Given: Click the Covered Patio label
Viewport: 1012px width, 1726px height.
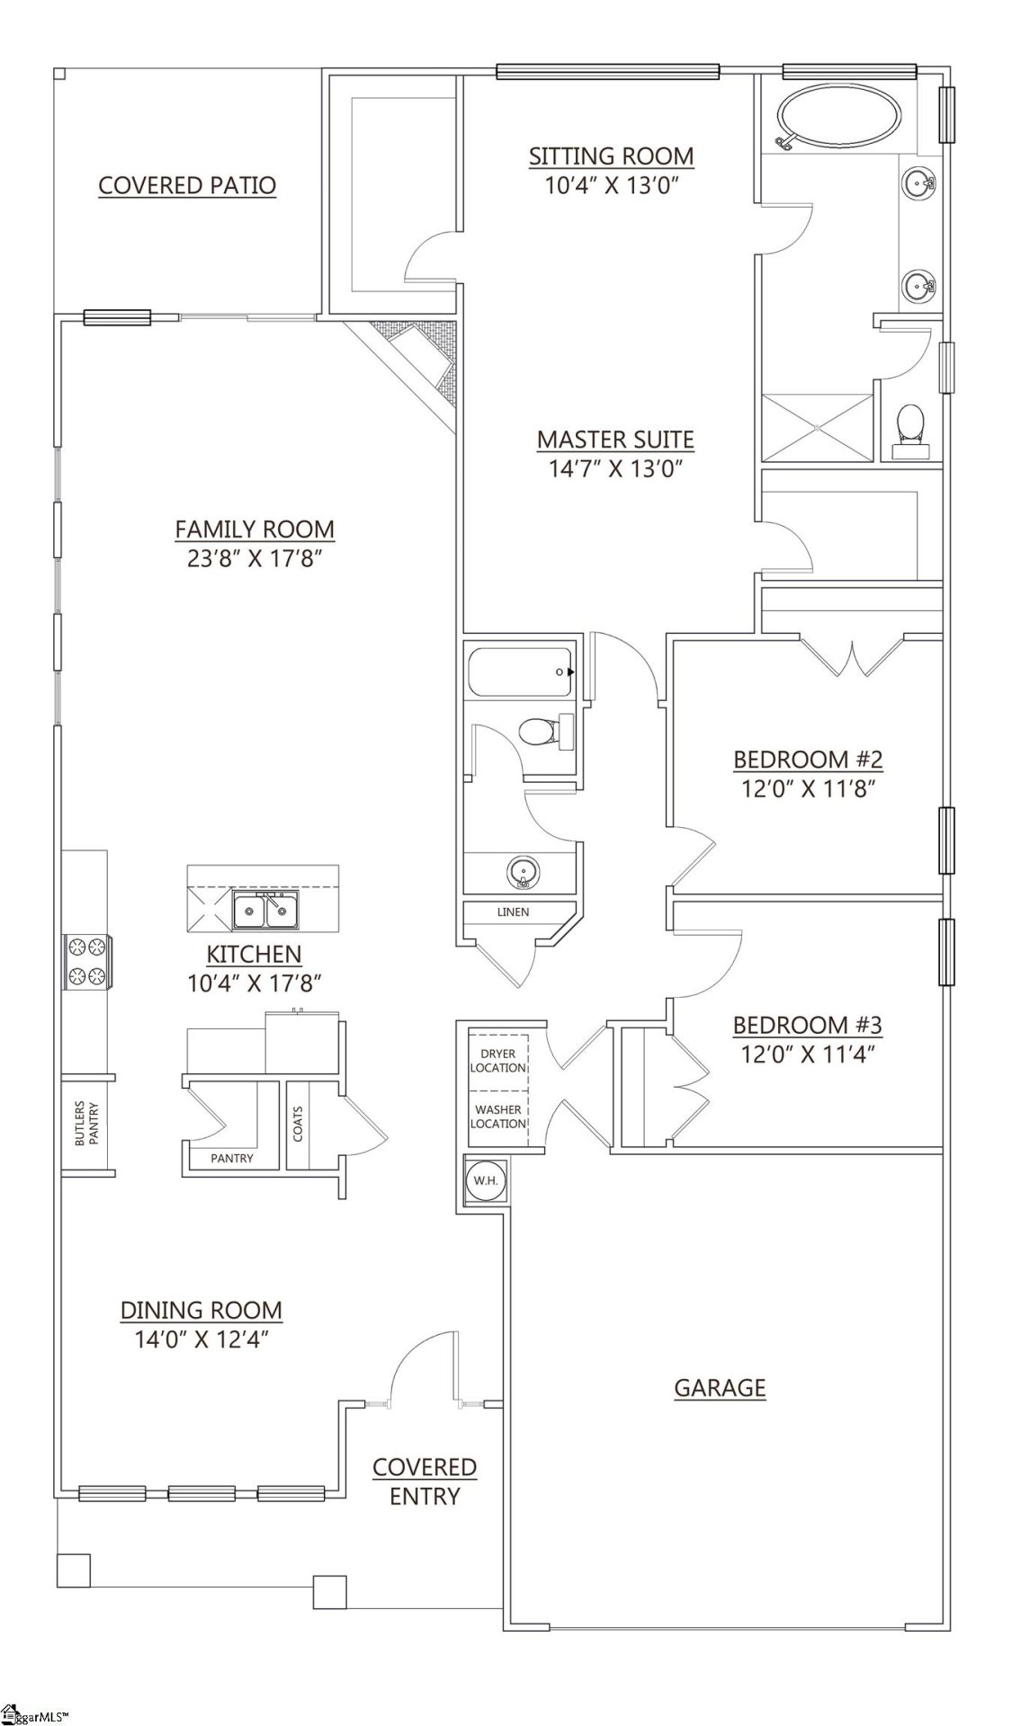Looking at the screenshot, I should [x=187, y=186].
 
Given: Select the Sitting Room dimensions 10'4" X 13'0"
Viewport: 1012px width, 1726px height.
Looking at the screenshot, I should [x=611, y=186].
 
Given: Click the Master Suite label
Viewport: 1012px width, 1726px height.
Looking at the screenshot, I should [x=615, y=440].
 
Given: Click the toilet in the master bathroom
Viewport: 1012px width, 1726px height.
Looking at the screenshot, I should [x=910, y=431].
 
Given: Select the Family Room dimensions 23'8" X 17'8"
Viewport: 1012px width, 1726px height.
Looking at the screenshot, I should [x=255, y=559].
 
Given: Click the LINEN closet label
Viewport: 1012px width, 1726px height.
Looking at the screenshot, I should [x=513, y=912].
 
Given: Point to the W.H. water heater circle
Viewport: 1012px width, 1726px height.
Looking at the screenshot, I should [x=486, y=1180].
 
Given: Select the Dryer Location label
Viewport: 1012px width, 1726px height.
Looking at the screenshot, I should [x=498, y=1061].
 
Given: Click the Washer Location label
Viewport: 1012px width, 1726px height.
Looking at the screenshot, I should [x=498, y=1117].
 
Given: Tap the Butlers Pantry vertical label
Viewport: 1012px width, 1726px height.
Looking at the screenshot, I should [x=86, y=1124].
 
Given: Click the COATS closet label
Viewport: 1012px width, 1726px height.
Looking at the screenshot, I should [x=298, y=1124].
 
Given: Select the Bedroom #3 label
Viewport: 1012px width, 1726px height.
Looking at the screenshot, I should [x=807, y=1025].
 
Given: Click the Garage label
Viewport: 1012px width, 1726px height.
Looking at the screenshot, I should [x=720, y=1387].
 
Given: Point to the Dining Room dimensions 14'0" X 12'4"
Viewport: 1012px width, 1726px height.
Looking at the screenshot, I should [x=202, y=1339].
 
